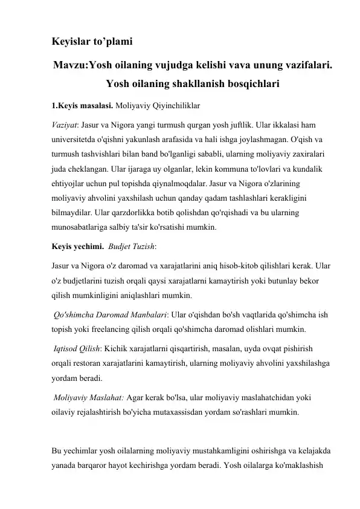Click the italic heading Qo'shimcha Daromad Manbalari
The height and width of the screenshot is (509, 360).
point(109,317)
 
